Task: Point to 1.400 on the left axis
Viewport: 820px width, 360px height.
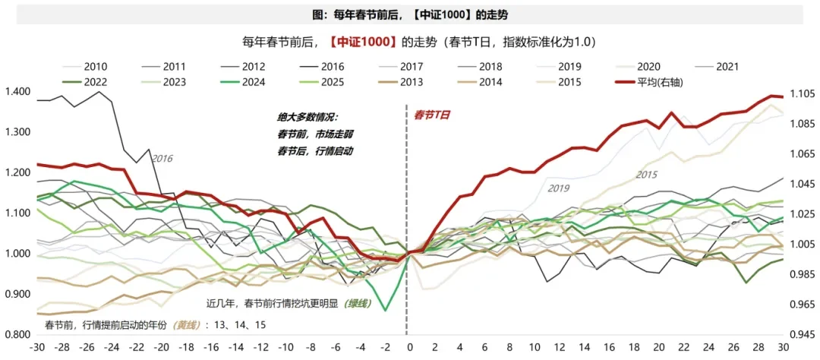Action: pos(17,92)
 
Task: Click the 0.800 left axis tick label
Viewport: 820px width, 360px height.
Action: pos(17,335)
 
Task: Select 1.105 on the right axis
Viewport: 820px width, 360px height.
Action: pos(803,94)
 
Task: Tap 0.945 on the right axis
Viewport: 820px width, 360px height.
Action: pos(803,335)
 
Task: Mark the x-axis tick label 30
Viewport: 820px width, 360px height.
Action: pos(783,347)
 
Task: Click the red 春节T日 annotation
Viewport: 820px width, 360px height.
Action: pos(432,115)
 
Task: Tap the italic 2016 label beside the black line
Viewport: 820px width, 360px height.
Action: pos(163,159)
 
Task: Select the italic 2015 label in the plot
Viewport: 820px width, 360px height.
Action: pos(646,175)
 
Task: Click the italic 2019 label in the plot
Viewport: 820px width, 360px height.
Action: pos(558,188)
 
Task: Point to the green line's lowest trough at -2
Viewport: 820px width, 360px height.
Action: pos(386,310)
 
